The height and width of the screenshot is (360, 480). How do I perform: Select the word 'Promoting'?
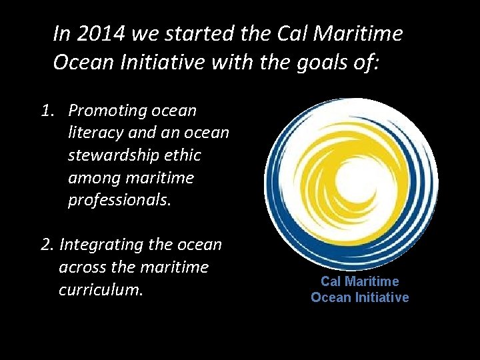(x=107, y=110)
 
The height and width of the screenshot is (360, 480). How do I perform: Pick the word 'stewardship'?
(x=111, y=155)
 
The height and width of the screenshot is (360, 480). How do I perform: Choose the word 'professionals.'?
(x=119, y=200)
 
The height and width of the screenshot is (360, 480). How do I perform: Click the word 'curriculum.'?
(x=101, y=290)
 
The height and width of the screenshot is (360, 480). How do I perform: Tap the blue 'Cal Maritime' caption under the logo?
(x=359, y=281)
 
